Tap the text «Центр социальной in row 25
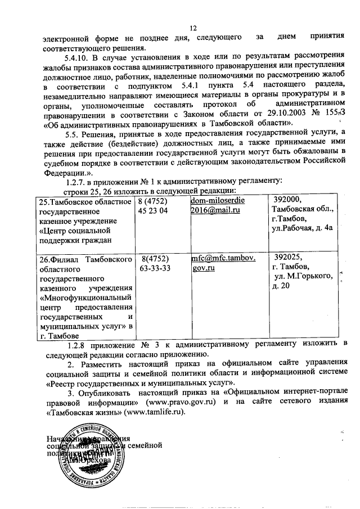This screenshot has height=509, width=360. tap(71, 231)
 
